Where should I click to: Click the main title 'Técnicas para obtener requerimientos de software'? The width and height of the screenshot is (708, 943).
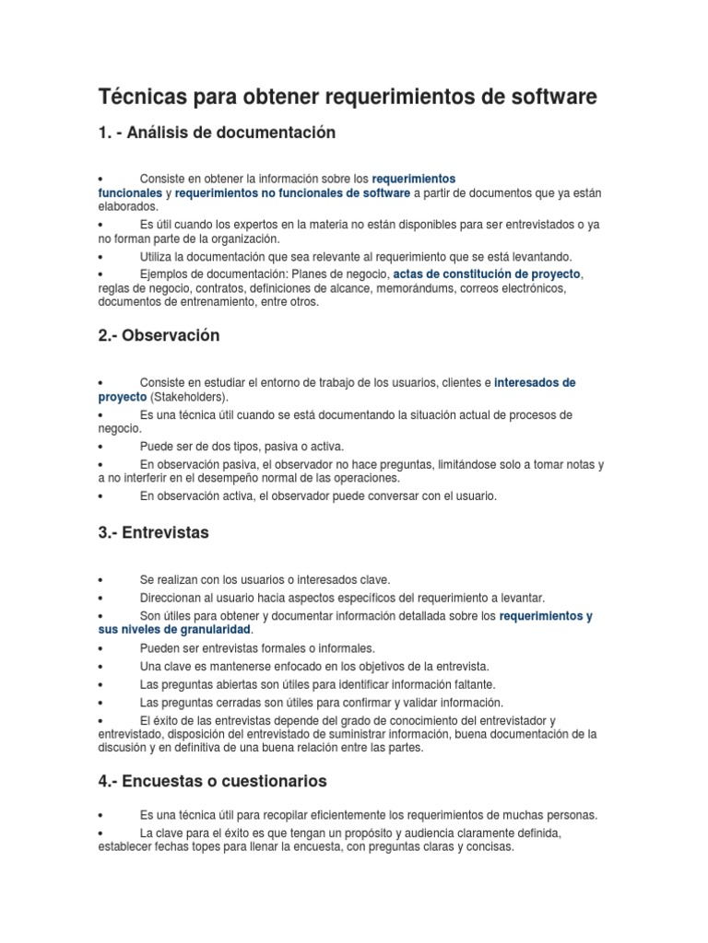pyautogui.click(x=348, y=97)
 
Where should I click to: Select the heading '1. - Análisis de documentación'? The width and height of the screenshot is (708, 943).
pyautogui.click(x=217, y=134)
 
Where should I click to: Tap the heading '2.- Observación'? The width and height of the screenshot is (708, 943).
pyautogui.click(x=159, y=336)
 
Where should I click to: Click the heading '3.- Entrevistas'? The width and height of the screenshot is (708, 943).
pyautogui.click(x=153, y=533)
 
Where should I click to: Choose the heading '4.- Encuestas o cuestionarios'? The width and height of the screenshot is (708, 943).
pyautogui.click(x=212, y=781)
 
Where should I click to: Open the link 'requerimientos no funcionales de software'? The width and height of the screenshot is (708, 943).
pyautogui.click(x=292, y=193)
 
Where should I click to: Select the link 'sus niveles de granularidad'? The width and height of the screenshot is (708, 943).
pyautogui.click(x=174, y=629)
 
